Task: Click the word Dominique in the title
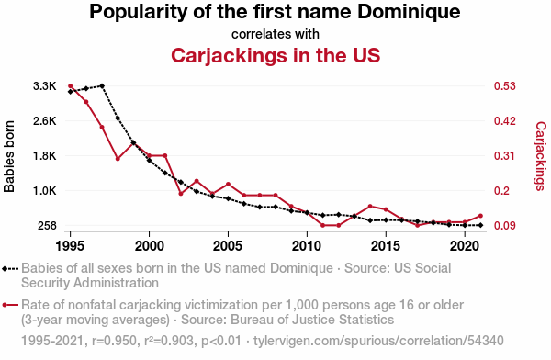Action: click(409, 12)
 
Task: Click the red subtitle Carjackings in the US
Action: click(275, 55)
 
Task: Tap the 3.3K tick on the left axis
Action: click(45, 85)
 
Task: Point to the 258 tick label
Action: click(47, 225)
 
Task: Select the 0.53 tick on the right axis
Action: click(504, 85)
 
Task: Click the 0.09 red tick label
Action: click(504, 225)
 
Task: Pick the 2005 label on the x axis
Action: click(228, 246)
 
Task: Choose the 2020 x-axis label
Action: click(465, 246)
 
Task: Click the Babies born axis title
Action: click(9, 156)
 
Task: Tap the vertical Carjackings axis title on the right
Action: click(541, 156)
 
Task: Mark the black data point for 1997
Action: click(102, 85)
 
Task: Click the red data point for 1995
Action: click(71, 85)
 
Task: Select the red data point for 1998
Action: click(118, 159)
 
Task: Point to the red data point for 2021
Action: click(480, 216)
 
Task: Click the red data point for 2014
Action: click(370, 207)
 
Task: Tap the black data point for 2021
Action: click(480, 225)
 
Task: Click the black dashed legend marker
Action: click(10, 269)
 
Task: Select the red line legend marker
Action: click(10, 305)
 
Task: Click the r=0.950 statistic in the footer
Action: click(114, 341)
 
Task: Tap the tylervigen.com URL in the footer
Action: click(378, 341)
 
